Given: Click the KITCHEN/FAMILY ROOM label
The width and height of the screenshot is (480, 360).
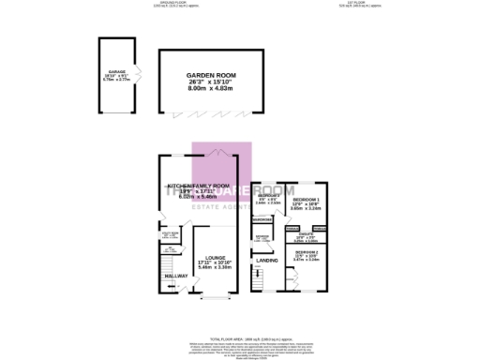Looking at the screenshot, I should point(198,186).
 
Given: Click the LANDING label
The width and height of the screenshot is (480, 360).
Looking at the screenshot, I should point(267,260).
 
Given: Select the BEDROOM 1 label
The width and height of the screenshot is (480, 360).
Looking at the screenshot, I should point(306,201).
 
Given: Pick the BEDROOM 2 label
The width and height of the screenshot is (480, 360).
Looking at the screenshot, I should point(307,253).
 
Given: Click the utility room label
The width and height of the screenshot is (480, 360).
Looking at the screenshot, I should point(170,235).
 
